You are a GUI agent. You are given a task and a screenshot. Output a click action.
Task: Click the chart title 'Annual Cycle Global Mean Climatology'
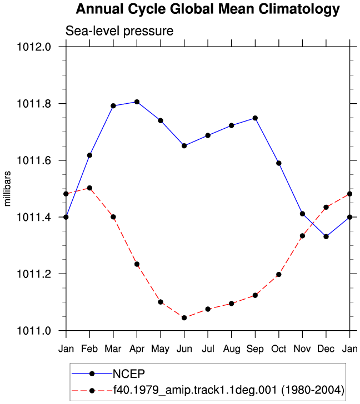[208, 9]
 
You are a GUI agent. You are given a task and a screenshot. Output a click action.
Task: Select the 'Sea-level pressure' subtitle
[119, 31]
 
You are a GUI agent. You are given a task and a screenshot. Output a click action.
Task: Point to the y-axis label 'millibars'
[7, 189]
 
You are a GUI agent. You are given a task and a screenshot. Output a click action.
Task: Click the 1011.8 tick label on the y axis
[34, 104]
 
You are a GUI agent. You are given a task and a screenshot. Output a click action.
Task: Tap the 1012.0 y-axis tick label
[34, 47]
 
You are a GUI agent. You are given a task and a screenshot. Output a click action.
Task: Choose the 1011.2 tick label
[34, 274]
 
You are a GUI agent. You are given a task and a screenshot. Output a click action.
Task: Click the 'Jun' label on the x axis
[184, 349]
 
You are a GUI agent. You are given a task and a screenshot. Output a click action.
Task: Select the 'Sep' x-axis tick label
[255, 349]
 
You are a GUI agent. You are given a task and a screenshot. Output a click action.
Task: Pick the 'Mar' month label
[113, 349]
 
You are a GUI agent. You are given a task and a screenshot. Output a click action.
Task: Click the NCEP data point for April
[137, 102]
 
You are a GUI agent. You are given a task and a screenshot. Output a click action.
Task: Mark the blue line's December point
[326, 236]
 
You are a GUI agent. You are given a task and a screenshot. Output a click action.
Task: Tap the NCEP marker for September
[255, 118]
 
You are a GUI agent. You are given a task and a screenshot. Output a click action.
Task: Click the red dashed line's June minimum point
[184, 318]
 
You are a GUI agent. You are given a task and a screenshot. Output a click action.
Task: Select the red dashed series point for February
[89, 188]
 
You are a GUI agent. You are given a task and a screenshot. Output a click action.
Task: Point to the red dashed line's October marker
[279, 275]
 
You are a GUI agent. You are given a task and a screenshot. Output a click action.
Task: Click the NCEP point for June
[184, 146]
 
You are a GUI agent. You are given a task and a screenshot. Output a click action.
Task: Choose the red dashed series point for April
[137, 264]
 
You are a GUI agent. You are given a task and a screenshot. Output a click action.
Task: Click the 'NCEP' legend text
[129, 374]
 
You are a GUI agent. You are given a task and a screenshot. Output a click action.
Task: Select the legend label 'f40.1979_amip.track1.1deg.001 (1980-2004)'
[229, 390]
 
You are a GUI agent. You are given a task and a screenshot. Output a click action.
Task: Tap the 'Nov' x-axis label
[302, 349]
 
